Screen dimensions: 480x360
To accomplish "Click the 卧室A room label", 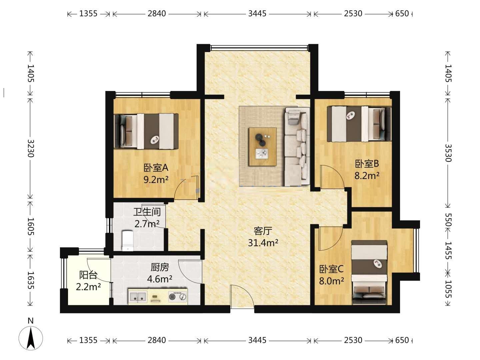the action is (x=156, y=168).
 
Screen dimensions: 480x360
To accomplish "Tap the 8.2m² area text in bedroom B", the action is (x=367, y=176).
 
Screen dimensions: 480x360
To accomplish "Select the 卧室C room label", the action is (x=331, y=269).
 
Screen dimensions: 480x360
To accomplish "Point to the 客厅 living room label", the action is (x=263, y=231).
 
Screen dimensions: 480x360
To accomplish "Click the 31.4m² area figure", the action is (x=263, y=243).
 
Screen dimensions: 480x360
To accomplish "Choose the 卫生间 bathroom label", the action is (x=147, y=212).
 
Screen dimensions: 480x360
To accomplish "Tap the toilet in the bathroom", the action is (x=128, y=241).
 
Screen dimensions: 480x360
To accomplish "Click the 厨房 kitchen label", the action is (x=160, y=267).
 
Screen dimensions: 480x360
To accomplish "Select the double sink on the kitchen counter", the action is (x=138, y=297).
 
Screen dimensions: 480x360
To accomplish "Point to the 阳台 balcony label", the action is (x=88, y=275).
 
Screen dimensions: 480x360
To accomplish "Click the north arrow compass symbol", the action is (x=31, y=338).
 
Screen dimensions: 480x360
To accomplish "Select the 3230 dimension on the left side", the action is (x=30, y=148).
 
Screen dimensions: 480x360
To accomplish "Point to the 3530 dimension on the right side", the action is (x=448, y=153).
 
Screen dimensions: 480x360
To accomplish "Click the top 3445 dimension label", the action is (x=257, y=14).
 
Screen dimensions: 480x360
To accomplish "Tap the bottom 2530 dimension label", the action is (x=353, y=340).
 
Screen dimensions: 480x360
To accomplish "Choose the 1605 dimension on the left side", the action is (x=30, y=226).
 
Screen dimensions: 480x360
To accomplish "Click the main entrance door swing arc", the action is (x=244, y=293).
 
